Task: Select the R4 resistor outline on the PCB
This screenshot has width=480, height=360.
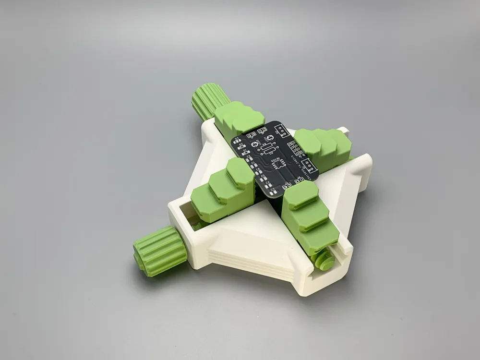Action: [x=266, y=145]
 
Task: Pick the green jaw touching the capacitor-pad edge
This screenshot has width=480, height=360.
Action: [x=223, y=187]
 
